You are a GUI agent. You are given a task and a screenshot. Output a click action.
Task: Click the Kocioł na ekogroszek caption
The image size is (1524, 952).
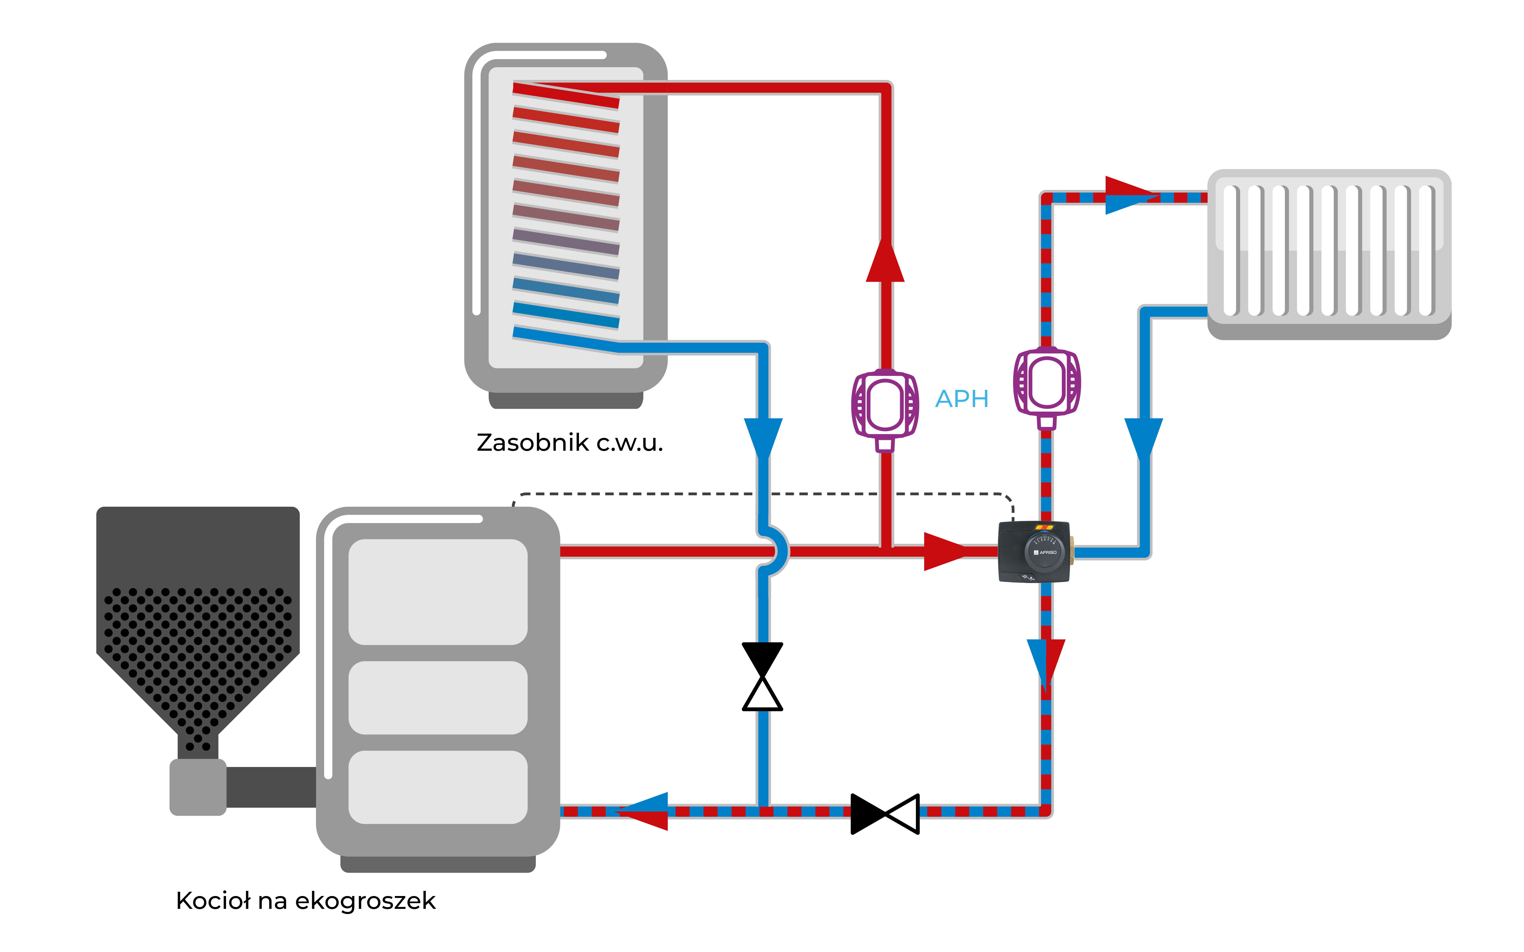pos(305,900)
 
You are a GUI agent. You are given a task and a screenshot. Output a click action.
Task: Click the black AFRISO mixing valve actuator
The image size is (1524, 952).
pos(1035,552)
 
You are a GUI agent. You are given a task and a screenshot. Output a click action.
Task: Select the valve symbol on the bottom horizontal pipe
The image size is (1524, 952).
pos(885,813)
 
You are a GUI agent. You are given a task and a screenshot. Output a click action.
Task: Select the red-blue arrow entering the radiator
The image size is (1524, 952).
pos(1130,195)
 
